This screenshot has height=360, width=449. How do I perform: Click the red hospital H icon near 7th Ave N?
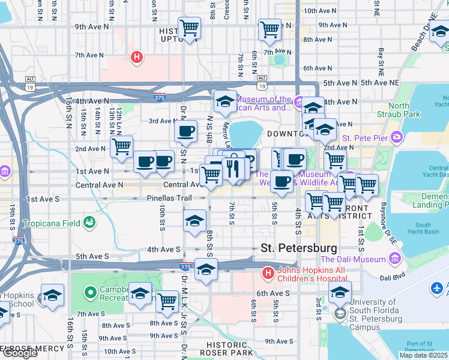[x=137, y=58]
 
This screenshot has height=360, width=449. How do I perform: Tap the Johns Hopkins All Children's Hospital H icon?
[x=268, y=274]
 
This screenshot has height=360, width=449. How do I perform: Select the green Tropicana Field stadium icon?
[x=89, y=223]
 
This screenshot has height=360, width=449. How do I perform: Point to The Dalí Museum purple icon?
[x=394, y=259]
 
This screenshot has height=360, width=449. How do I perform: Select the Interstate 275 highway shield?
[x=19, y=241]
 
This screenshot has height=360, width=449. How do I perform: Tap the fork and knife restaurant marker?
[x=231, y=168]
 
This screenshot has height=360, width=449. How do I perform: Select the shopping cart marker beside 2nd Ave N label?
[x=122, y=145]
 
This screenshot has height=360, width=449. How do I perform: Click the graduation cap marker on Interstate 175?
[x=206, y=269]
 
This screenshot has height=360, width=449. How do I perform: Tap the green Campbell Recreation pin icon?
[x=90, y=293]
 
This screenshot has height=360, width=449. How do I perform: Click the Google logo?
[x=19, y=353]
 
